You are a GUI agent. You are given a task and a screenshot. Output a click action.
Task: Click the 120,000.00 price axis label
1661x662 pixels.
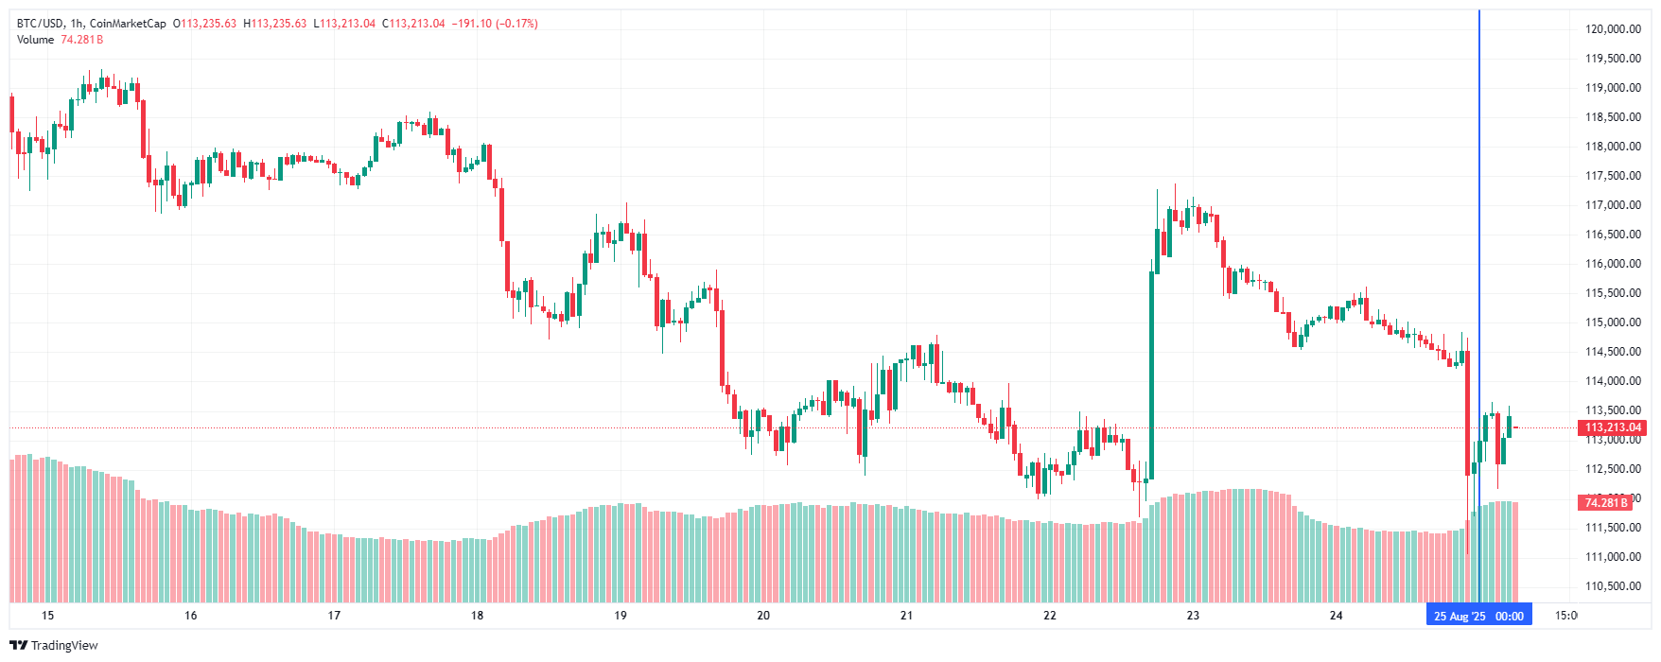(x=1613, y=29)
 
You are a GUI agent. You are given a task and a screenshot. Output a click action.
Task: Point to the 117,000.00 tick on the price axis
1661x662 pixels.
(x=1613, y=205)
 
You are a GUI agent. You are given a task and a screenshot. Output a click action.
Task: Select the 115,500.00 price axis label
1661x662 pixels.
(x=1613, y=293)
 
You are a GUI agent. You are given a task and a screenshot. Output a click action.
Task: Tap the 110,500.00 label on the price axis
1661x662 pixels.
(x=1613, y=586)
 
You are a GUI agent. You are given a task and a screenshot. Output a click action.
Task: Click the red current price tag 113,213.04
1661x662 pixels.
(x=1613, y=427)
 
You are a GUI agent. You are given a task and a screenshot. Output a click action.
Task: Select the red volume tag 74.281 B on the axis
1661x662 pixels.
(x=1606, y=502)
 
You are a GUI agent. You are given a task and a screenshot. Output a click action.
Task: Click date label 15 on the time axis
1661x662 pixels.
(x=48, y=616)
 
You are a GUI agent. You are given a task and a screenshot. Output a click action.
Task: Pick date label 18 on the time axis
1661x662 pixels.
(x=478, y=616)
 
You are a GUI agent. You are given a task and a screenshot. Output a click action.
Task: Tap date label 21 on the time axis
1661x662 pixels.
(x=906, y=616)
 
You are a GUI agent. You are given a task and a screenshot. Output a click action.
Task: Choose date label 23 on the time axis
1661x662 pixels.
(x=1193, y=616)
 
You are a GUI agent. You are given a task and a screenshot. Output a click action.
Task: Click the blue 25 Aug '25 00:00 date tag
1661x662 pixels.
(x=1478, y=617)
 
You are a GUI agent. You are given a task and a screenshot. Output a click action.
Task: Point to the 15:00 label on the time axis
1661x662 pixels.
(x=1566, y=616)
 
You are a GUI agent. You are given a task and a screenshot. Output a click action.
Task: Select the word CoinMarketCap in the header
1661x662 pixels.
(x=128, y=24)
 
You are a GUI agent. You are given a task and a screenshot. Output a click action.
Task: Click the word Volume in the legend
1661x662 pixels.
(x=36, y=40)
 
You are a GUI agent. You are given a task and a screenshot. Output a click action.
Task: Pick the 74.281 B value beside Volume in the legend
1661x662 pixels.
(x=81, y=40)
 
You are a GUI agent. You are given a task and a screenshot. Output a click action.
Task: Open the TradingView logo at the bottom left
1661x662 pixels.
(x=54, y=645)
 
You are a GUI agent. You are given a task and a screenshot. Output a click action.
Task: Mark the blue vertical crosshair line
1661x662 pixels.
(x=1478, y=236)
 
